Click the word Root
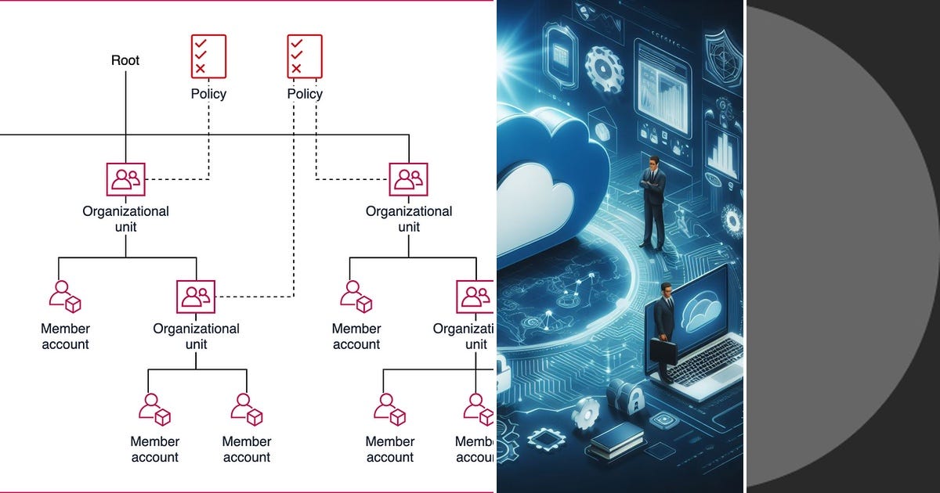pyautogui.click(x=125, y=60)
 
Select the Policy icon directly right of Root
pyautogui.click(x=208, y=56)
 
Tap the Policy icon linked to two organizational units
pyautogui.click(x=305, y=56)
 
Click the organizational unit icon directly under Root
pyautogui.click(x=126, y=180)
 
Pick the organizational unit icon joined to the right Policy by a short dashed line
pyautogui.click(x=409, y=180)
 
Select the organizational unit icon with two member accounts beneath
pyautogui.click(x=196, y=297)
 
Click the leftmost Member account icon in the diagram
pyautogui.click(x=65, y=297)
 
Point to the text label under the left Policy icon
pyautogui.click(x=208, y=94)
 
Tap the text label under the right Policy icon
pyautogui.click(x=305, y=94)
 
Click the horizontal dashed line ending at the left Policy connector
pyautogui.click(x=179, y=180)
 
